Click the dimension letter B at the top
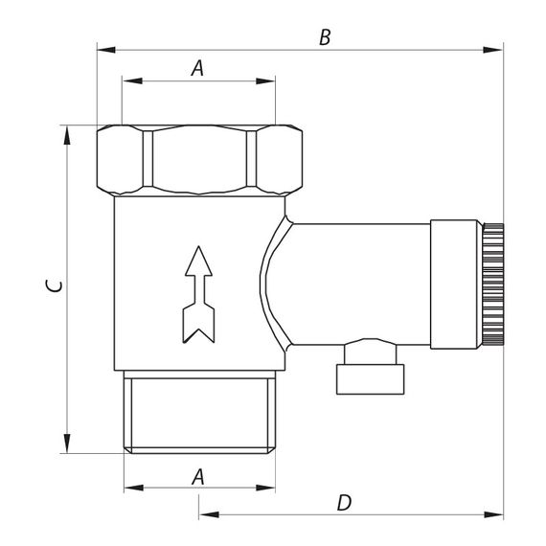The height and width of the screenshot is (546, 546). [325, 37]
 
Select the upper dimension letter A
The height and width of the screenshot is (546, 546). [197, 68]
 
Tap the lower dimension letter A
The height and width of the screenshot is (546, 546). [198, 477]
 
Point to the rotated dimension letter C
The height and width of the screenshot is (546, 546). [55, 285]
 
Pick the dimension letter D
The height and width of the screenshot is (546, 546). [345, 503]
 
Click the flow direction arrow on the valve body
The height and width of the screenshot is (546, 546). [198, 295]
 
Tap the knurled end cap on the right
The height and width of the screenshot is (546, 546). [492, 284]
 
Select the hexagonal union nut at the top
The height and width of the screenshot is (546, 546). [199, 160]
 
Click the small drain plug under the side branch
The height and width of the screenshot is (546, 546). [370, 368]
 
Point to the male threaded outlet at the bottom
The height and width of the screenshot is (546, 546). [199, 412]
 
